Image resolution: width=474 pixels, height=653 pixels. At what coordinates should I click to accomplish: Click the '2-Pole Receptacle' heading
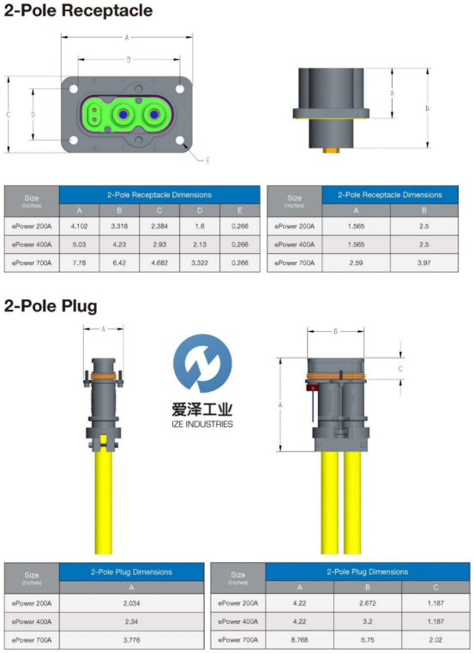[78, 11]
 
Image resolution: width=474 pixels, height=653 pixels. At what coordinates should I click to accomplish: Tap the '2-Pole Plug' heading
[51, 305]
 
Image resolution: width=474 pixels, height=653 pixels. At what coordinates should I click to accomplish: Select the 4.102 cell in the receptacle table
[79, 227]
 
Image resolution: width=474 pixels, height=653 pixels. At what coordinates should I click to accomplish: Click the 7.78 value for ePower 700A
[79, 263]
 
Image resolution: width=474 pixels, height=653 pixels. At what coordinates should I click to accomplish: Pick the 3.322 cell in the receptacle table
[200, 263]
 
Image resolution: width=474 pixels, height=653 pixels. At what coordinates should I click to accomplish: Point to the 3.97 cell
[424, 263]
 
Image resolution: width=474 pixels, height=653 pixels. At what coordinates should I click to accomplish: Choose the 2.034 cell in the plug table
[131, 603]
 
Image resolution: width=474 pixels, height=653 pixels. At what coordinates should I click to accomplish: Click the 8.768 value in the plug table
[300, 639]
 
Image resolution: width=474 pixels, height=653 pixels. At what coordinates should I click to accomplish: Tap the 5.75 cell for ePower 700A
[368, 639]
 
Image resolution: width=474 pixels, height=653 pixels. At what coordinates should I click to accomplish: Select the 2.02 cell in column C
[435, 639]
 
